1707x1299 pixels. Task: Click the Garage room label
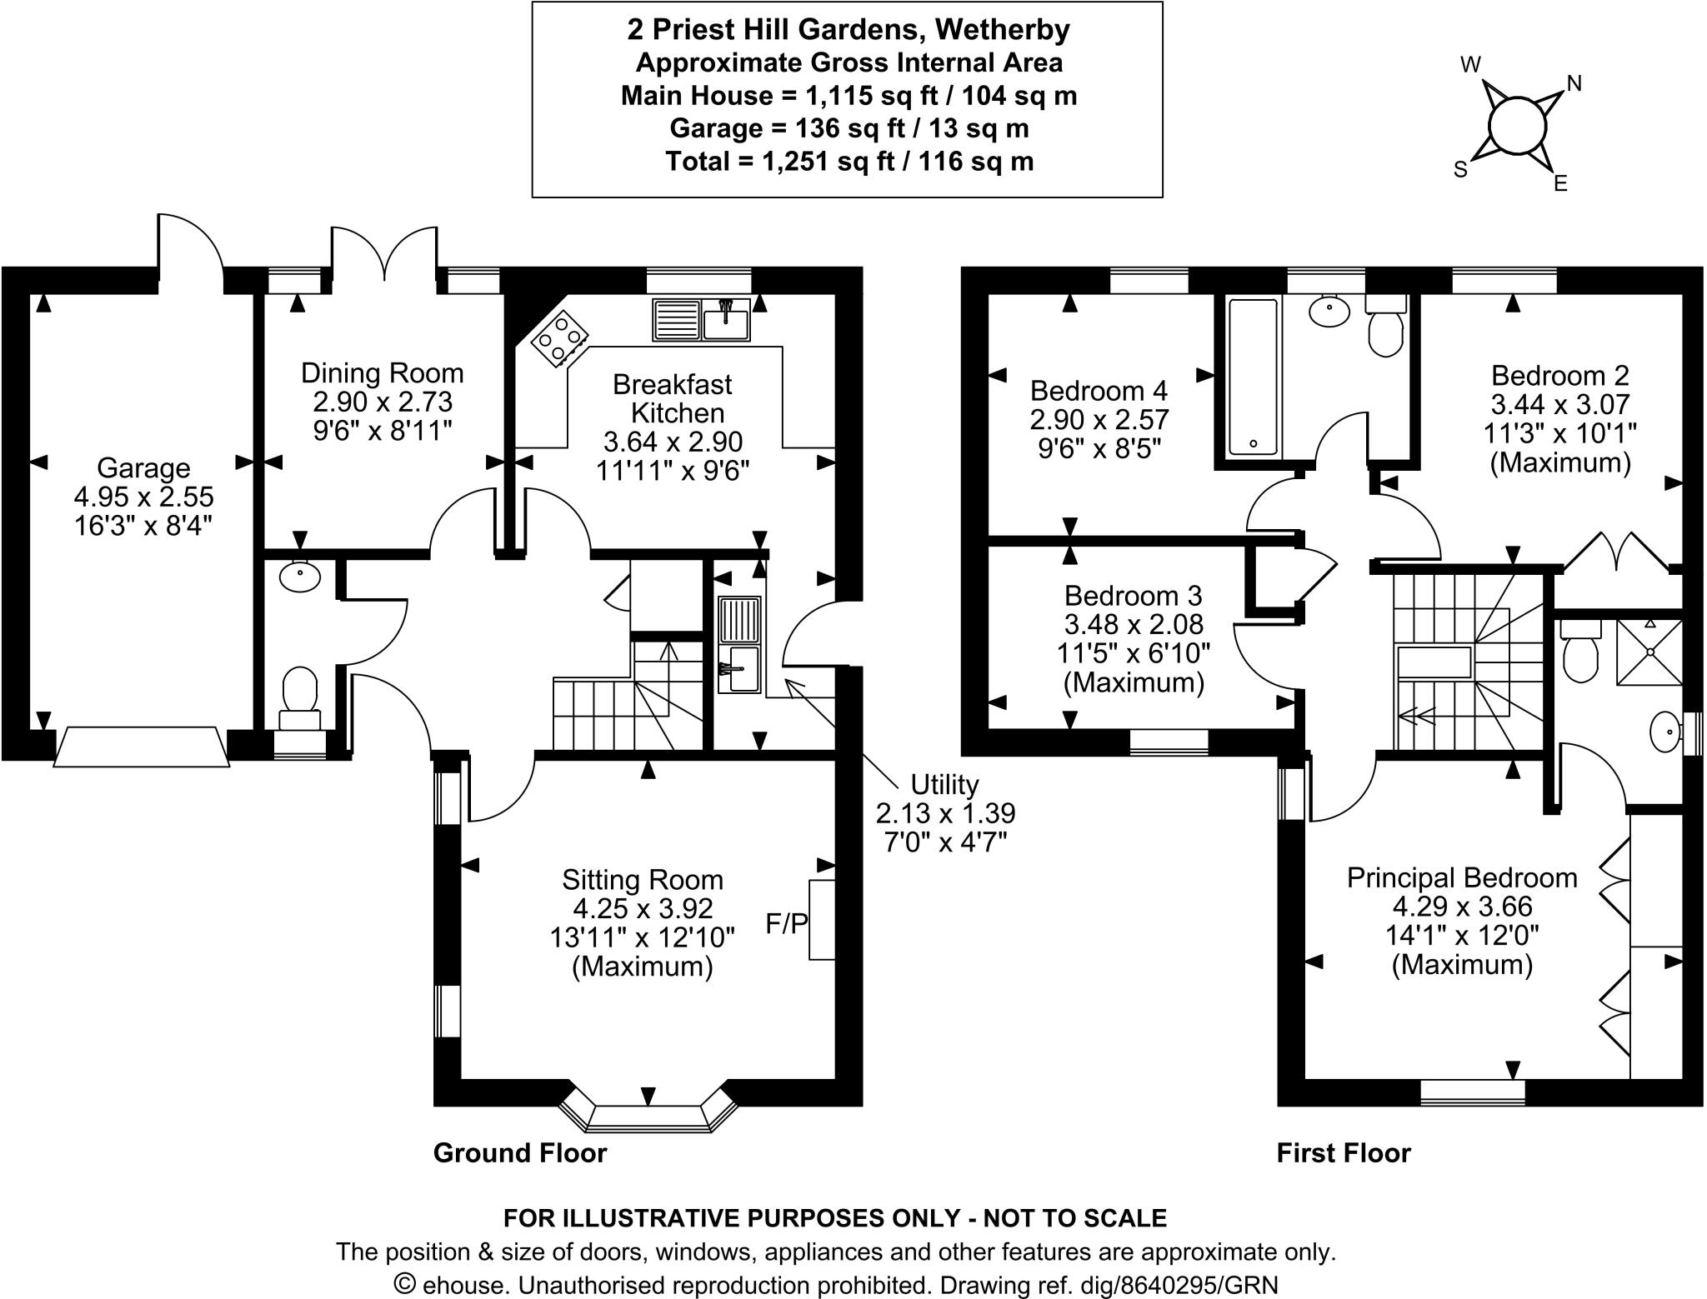pyautogui.click(x=143, y=468)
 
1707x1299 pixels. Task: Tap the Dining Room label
pyautogui.click(x=382, y=373)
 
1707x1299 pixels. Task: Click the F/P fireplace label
pyautogui.click(x=787, y=923)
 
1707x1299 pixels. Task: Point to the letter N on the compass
pyautogui.click(x=1574, y=83)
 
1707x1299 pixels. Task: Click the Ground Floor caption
pyautogui.click(x=520, y=1153)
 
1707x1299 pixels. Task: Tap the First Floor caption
pyautogui.click(x=1344, y=1153)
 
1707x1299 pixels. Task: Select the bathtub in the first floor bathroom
pyautogui.click(x=1252, y=377)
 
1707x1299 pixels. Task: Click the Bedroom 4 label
pyautogui.click(x=1099, y=391)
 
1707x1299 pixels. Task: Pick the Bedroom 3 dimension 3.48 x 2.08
pyautogui.click(x=1134, y=625)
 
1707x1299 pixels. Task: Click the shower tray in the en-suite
pyautogui.click(x=1649, y=652)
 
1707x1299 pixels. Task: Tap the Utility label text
pyautogui.click(x=944, y=785)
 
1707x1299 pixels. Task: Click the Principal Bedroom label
pyautogui.click(x=1462, y=878)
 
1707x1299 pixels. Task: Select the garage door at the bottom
pyautogui.click(x=142, y=747)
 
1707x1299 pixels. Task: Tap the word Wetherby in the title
pyautogui.click(x=1002, y=30)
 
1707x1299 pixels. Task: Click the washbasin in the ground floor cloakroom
pyautogui.click(x=300, y=577)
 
